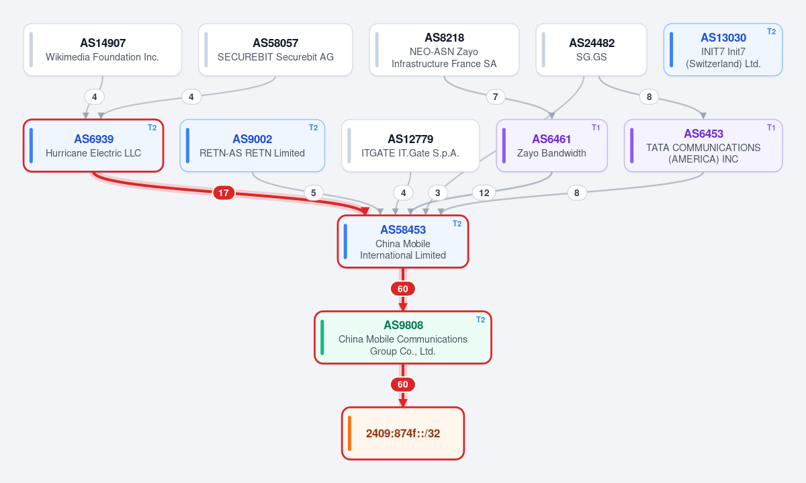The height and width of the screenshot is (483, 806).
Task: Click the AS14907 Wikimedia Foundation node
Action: (103, 50)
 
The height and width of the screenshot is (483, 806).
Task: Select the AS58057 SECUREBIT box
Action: (275, 50)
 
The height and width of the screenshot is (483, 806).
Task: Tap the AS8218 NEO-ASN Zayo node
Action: (444, 50)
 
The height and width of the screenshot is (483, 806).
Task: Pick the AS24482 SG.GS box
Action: (591, 50)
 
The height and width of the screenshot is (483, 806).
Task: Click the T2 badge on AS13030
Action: (771, 32)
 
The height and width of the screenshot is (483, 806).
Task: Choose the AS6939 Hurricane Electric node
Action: (93, 145)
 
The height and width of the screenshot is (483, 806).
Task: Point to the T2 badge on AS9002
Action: (313, 128)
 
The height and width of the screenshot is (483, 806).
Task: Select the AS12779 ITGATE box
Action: (410, 145)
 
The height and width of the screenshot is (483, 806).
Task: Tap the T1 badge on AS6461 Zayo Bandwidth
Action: (596, 128)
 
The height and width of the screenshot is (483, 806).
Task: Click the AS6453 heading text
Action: (703, 134)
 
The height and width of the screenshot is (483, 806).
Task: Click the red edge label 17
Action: (224, 193)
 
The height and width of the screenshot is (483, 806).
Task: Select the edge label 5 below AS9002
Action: (314, 193)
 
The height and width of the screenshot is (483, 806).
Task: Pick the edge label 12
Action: (484, 193)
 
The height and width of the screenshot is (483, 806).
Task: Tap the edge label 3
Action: (437, 193)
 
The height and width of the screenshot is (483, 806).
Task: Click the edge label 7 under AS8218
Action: (496, 97)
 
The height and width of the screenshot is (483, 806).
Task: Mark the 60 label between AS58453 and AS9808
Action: (402, 289)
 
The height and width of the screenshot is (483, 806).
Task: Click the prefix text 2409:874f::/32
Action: (402, 433)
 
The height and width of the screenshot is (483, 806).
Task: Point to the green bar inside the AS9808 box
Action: (322, 338)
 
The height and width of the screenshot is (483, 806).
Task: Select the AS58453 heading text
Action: (402, 230)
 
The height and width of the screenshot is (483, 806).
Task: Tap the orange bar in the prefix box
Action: (349, 433)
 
